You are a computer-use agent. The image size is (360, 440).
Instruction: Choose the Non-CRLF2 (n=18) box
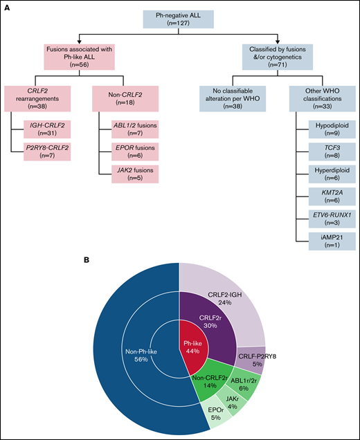[115, 98]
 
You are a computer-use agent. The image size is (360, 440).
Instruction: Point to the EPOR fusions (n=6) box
[125, 153]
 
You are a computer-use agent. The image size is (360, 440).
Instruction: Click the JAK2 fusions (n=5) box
[125, 176]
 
